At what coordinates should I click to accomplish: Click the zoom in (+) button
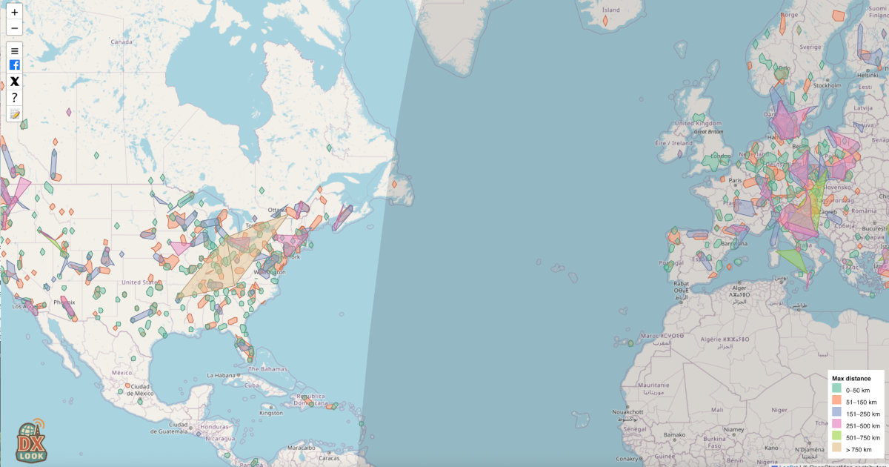(15, 13)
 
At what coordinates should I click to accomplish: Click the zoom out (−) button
(15, 28)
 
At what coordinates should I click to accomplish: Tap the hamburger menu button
(15, 50)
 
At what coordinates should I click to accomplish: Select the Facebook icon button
(15, 65)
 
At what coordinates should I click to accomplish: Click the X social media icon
(15, 82)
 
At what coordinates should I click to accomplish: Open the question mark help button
(15, 98)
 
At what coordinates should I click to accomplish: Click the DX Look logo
(31, 441)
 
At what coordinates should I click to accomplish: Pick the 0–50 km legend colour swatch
(836, 388)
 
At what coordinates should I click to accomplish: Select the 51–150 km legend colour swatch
(836, 401)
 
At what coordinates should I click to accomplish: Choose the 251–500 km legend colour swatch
(836, 425)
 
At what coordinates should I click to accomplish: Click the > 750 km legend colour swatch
(836, 449)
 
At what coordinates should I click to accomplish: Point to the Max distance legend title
(851, 378)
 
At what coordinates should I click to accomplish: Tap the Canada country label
(121, 42)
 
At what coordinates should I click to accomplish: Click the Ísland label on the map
(611, 10)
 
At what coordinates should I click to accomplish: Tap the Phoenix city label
(64, 302)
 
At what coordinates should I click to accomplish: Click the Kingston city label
(271, 413)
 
